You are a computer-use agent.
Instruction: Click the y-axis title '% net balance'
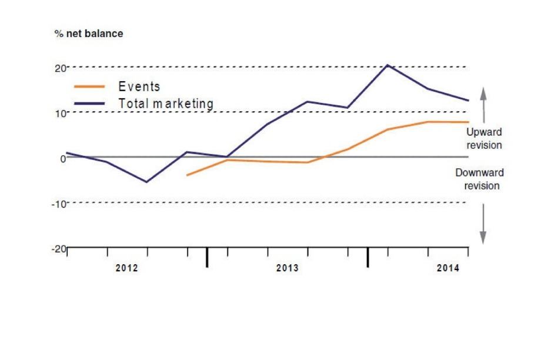(89, 34)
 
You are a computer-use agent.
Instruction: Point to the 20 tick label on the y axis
(59, 68)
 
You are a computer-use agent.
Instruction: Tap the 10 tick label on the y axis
(59, 113)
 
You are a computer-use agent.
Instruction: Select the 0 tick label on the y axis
(62, 158)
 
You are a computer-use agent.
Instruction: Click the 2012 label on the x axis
(126, 268)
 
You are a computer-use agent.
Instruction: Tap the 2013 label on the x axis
(287, 268)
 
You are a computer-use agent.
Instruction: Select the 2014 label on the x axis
(448, 268)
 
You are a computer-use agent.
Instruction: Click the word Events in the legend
(139, 86)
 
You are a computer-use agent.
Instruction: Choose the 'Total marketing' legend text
(166, 104)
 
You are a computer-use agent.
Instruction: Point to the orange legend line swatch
(89, 86)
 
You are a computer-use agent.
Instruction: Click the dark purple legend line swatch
(89, 104)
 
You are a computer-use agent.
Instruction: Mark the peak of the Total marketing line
(388, 65)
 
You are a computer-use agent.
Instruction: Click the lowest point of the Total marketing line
(146, 182)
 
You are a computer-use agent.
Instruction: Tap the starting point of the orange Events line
(187, 175)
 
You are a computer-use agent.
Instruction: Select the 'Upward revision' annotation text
(484, 138)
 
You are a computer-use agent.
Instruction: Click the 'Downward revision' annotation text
(480, 179)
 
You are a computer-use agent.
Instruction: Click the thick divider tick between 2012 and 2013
(207, 257)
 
